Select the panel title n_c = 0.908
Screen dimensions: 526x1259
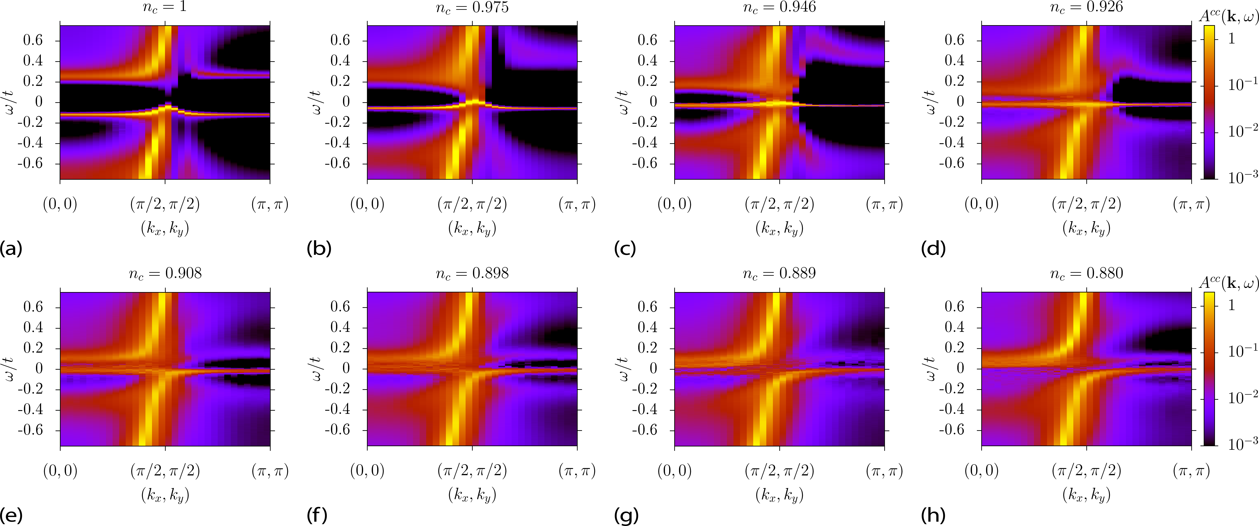coord(165,273)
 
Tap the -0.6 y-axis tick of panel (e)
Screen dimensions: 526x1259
coord(30,430)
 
